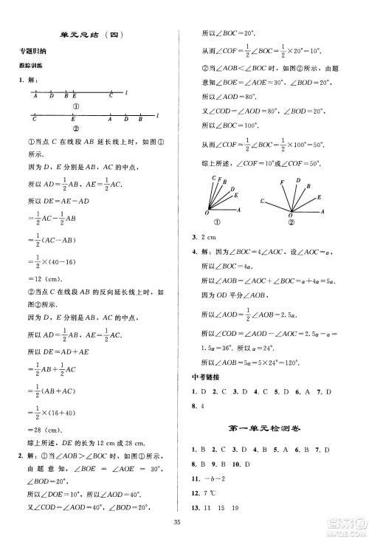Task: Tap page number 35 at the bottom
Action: [x=184, y=523]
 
